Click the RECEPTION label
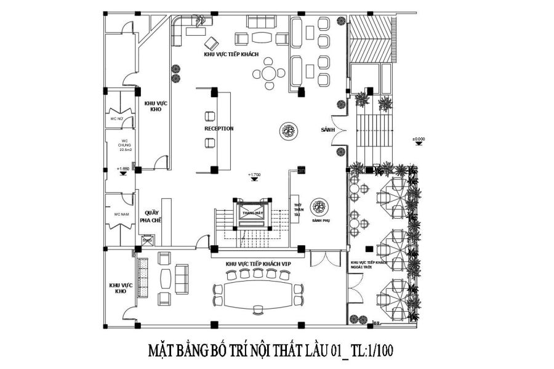219,129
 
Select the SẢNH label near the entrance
327,131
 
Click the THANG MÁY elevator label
248,213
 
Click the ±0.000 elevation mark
419,139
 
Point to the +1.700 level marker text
254,175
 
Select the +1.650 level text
123,168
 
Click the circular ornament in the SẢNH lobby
288,131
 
